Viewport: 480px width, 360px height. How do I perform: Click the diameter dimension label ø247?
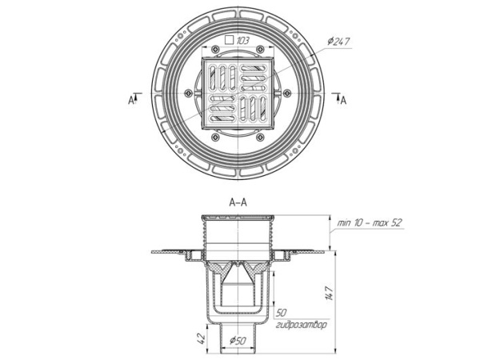coord(338,42)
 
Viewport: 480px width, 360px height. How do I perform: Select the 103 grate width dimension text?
coord(242,40)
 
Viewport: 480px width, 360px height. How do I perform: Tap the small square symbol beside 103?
coord(229,40)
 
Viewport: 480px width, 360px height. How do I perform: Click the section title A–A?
coord(238,202)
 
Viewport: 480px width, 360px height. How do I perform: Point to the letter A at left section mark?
coord(130,100)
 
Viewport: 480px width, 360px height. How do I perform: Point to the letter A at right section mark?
coord(343,100)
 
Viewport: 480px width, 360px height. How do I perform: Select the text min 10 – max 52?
coord(369,222)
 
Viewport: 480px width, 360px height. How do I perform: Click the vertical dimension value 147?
coord(329,294)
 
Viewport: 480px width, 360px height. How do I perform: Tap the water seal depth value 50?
coord(281,313)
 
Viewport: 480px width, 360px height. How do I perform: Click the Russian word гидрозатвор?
coord(302,325)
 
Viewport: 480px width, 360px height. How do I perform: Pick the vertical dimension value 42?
coord(201,338)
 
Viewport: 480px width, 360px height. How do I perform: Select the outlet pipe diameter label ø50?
coord(238,340)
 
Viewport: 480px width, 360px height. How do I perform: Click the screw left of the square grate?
coord(189,93)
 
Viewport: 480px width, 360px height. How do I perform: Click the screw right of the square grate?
coord(287,93)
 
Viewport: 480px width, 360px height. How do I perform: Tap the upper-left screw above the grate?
coord(215,49)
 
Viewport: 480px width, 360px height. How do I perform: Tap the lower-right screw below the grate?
coord(260,137)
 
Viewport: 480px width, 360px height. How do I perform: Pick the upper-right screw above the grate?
coord(260,49)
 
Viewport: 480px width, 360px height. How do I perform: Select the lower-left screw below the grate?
coord(215,137)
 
